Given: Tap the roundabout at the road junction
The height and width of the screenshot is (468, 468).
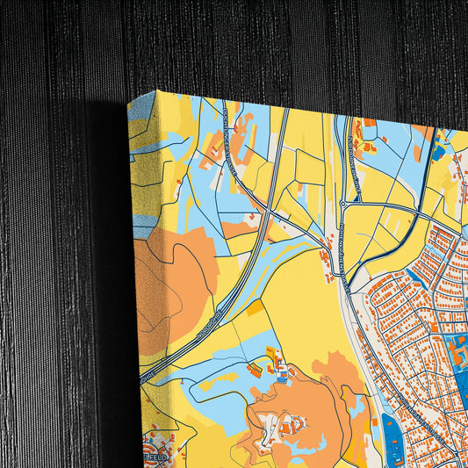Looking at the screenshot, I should click(342, 204).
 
